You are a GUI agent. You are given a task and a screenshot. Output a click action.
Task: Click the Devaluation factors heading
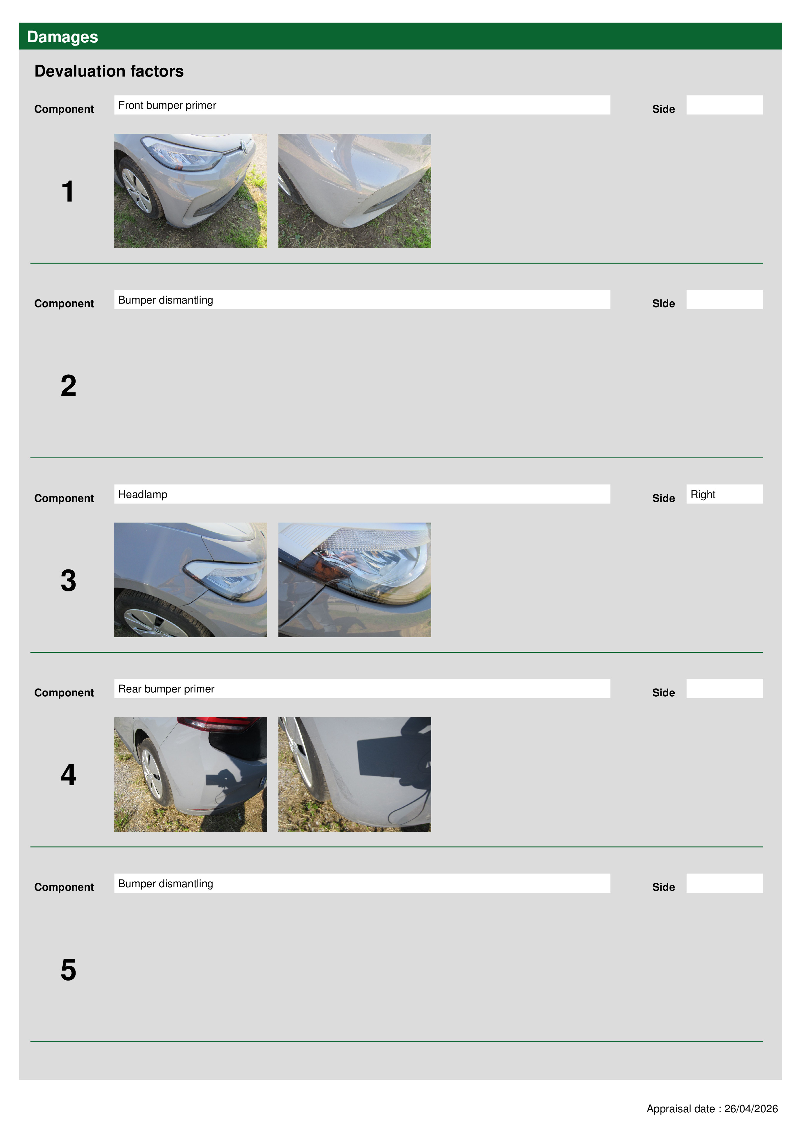(x=109, y=71)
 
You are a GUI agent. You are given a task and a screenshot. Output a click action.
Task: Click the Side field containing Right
(x=724, y=494)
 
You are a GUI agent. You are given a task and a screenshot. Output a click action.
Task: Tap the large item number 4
(x=68, y=774)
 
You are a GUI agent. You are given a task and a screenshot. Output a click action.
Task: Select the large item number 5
(x=68, y=969)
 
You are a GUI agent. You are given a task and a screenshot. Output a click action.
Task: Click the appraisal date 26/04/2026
(x=751, y=1108)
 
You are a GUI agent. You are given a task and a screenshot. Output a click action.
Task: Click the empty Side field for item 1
(x=724, y=105)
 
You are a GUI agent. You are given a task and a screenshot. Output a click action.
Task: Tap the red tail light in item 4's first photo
(x=217, y=723)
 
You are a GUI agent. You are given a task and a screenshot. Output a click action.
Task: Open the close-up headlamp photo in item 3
(x=354, y=580)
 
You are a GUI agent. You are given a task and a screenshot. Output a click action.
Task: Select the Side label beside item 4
(x=663, y=692)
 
